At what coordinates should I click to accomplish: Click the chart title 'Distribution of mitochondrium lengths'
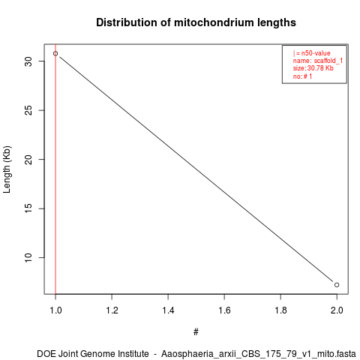[196, 22]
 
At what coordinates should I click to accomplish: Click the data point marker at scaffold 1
[55, 53]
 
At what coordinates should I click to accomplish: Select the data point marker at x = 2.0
[337, 285]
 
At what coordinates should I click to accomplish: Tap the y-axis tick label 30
[28, 61]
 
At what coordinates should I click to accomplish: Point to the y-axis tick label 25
[28, 110]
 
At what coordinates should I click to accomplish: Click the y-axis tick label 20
[28, 159]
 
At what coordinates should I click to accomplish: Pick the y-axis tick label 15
[28, 208]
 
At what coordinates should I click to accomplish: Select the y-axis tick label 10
[28, 257]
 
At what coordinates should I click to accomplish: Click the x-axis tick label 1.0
[55, 310]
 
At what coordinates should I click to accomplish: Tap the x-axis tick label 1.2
[112, 310]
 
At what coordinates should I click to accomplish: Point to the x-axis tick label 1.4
[168, 310]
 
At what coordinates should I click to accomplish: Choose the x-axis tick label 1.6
[224, 310]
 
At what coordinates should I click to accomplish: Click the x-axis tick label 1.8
[280, 310]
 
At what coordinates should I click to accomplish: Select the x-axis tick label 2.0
[337, 310]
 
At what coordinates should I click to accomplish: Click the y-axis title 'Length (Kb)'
[7, 169]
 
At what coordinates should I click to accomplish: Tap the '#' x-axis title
[196, 332]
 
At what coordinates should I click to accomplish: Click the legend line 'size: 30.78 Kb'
[313, 68]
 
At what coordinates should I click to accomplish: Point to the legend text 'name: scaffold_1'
[318, 61]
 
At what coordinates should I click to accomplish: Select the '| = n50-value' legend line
[312, 53]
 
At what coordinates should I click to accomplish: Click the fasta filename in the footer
[259, 354]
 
